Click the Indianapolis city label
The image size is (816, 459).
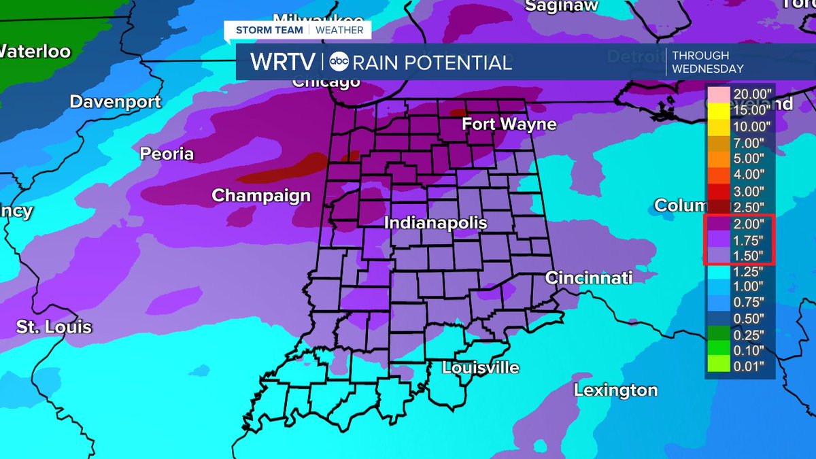tap(436, 223)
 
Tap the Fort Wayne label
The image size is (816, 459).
tap(509, 124)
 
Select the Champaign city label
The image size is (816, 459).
tap(261, 196)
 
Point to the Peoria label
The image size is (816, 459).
tap(167, 154)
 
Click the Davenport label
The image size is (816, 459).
tap(116, 102)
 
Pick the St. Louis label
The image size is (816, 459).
tap(54, 327)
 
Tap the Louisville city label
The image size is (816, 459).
tap(481, 368)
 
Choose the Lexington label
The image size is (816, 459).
tap(615, 390)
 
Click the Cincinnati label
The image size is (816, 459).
tap(589, 277)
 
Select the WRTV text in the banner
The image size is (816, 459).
tap(283, 63)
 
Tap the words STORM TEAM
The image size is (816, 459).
tap(270, 30)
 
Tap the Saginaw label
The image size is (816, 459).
tap(562, 5)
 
